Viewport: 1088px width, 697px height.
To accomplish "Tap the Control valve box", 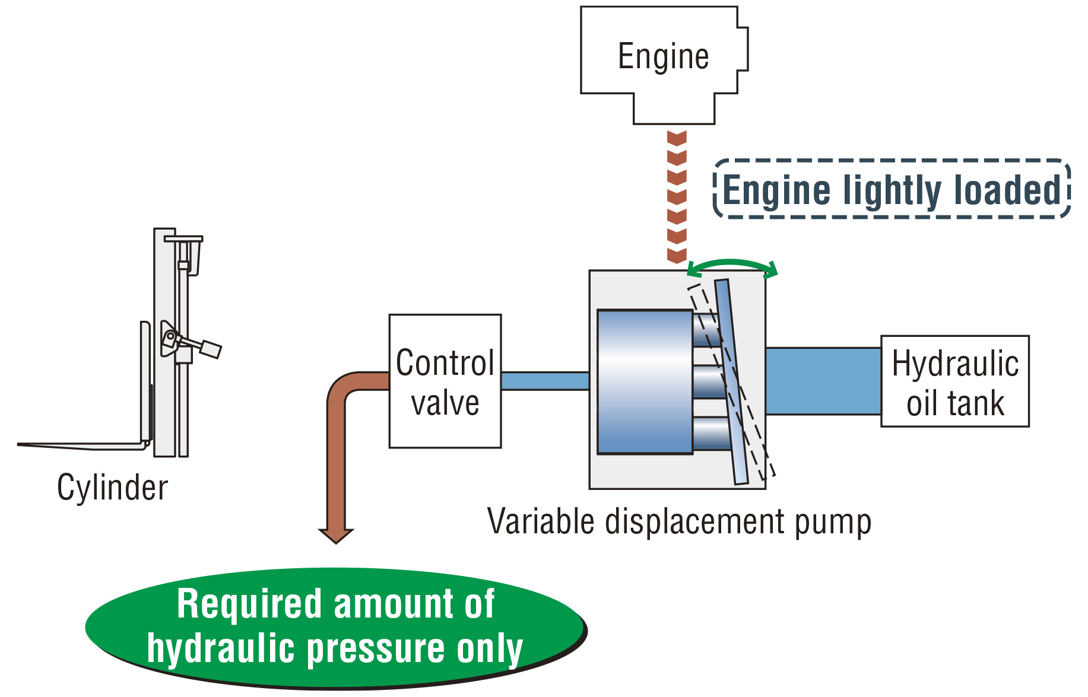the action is tap(445, 381).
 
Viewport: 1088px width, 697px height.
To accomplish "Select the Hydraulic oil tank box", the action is tap(955, 381).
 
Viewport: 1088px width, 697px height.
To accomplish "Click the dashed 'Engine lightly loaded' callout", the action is tap(892, 189).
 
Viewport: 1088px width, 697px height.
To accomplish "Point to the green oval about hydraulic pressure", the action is tap(336, 628).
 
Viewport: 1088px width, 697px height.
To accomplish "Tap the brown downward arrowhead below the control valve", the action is tap(336, 535).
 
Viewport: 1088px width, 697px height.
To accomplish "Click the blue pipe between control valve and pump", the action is tap(545, 381).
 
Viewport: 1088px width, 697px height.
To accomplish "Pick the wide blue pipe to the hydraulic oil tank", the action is tap(823, 381).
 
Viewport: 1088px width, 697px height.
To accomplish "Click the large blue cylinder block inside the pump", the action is tap(645, 382).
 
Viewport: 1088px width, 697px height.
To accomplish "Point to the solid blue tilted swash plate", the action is tap(731, 382).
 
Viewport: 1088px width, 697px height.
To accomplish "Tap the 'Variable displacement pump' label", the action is tap(679, 522).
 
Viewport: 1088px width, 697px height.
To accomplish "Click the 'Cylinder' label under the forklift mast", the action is tap(112, 488).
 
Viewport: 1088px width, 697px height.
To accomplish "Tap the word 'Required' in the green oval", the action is tap(250, 604).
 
